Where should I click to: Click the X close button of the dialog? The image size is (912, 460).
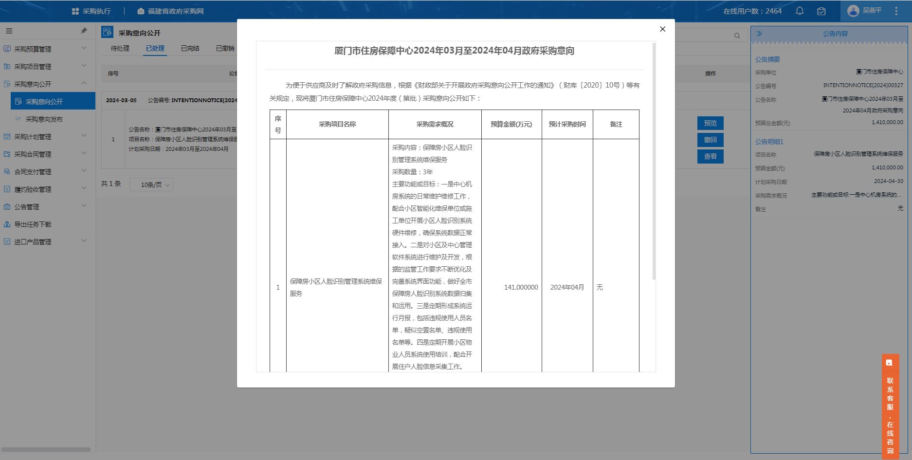point(662,29)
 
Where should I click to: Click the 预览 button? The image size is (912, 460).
point(710,123)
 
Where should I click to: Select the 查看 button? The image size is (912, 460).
point(710,156)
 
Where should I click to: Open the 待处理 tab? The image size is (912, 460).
point(120,48)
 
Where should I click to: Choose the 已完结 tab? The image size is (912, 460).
point(190,48)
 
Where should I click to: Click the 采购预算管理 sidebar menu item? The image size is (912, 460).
point(33,49)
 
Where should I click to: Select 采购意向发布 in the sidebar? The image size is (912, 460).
point(44,119)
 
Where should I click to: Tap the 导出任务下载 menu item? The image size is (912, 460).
point(33,224)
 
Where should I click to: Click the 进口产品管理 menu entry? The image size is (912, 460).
point(33,242)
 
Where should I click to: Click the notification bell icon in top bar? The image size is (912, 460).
point(800,11)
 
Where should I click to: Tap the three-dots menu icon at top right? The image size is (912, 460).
point(896,11)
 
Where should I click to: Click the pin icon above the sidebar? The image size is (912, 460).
point(84,31)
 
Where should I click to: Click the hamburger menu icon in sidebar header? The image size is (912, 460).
point(9,31)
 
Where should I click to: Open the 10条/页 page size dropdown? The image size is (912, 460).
point(151,185)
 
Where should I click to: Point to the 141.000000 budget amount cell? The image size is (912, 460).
point(521,287)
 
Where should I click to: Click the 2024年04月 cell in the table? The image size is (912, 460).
point(567,287)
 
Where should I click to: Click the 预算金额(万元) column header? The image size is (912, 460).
point(511,124)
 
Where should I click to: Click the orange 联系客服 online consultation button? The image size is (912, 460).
point(890,406)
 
